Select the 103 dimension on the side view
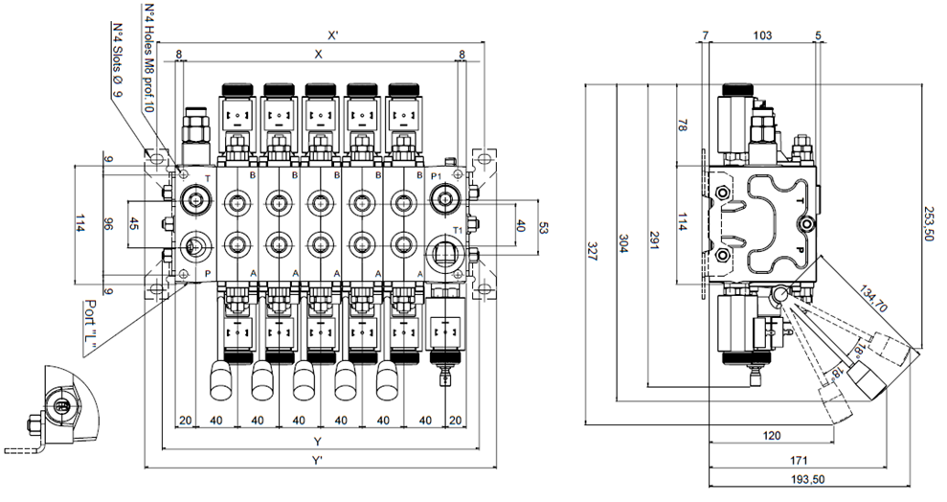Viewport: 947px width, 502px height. (x=762, y=35)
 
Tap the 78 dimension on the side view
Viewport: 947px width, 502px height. (x=684, y=125)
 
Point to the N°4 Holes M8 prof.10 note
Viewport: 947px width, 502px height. (x=149, y=57)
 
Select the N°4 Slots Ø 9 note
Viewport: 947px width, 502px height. (x=117, y=61)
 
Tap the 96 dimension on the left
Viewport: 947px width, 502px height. (x=108, y=225)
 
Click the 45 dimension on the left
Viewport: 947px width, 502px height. (x=133, y=225)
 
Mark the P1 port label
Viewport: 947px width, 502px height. (x=436, y=177)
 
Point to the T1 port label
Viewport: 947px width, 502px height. (x=459, y=231)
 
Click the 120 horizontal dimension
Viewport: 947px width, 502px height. (x=771, y=435)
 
